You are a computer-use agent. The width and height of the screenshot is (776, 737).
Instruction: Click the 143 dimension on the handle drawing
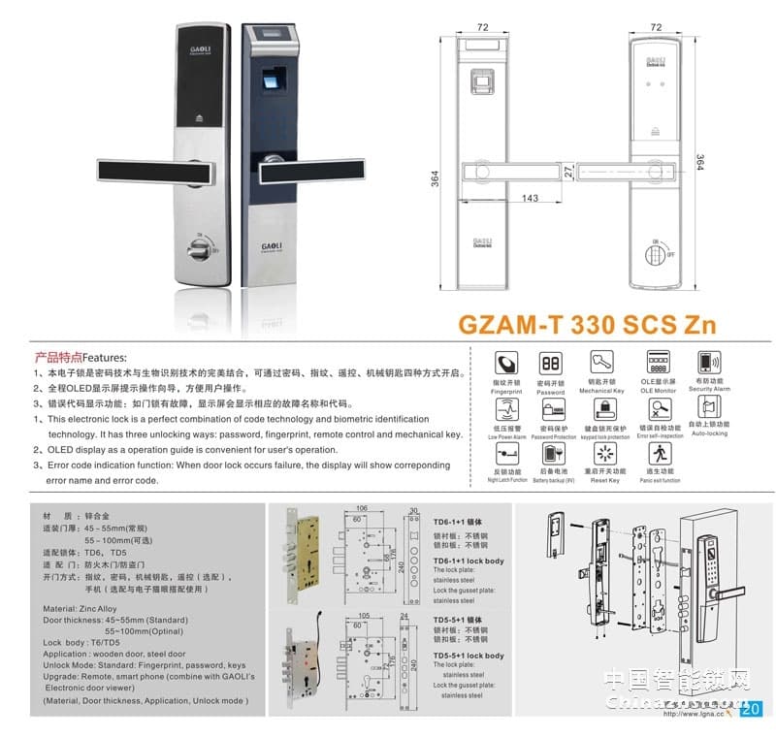(530, 198)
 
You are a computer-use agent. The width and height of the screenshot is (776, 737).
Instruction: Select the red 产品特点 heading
(57, 356)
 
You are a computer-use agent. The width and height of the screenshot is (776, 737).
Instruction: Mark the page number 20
(750, 709)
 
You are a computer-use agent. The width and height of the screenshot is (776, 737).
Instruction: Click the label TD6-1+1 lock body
(469, 561)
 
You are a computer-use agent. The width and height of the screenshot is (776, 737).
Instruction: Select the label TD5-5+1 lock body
(469, 657)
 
